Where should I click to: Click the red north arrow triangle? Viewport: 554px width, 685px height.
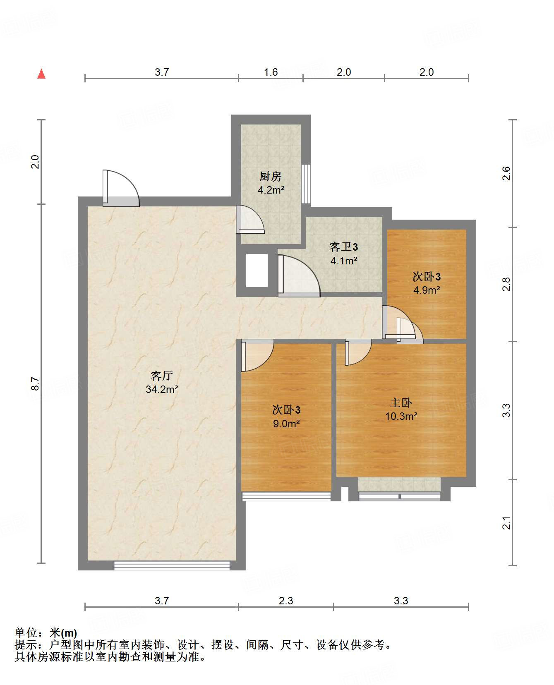point(41,74)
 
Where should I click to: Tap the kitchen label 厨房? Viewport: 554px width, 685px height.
point(271,177)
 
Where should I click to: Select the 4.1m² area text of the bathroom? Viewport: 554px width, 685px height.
point(344,261)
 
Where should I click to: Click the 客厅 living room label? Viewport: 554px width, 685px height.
point(161,376)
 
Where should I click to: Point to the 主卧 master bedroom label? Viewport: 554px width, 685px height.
point(401,402)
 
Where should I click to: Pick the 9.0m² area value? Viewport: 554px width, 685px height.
point(286,424)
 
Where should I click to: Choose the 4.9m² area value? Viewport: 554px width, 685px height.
point(427,290)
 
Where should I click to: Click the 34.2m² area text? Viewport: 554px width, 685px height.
point(162,389)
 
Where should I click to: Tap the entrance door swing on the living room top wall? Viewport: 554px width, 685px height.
point(121,188)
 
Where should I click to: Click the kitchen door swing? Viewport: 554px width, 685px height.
point(250,219)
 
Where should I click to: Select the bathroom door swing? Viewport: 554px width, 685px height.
point(299,276)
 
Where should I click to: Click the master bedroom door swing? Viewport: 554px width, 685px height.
point(358,352)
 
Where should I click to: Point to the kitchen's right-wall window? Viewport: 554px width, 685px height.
point(306,184)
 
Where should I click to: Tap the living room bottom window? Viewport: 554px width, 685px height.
point(172,565)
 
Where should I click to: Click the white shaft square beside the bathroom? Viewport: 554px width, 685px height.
point(257,270)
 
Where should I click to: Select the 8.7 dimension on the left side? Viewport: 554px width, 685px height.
point(35,383)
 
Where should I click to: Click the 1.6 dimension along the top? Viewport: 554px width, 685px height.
point(271,72)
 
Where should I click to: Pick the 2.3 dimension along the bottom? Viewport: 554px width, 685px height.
point(286,601)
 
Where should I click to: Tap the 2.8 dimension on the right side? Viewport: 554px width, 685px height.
point(506,284)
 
